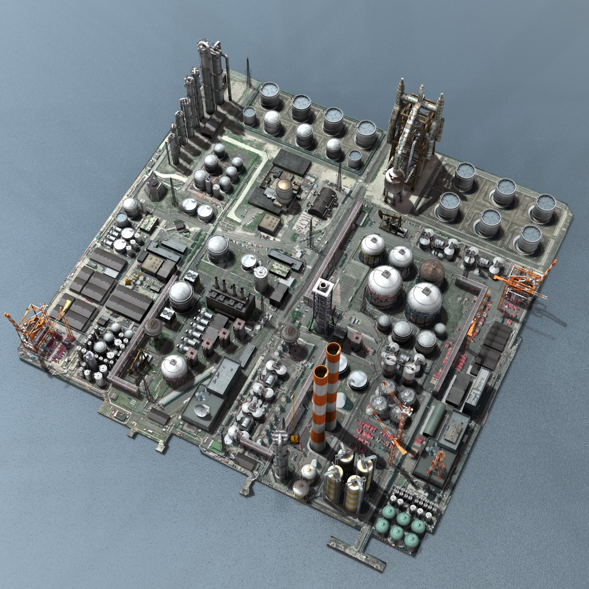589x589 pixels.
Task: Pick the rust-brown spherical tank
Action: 432,272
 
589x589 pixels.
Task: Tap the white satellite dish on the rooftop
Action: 202,411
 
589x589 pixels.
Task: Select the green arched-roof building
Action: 435,419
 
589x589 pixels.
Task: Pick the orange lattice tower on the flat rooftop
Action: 436,464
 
